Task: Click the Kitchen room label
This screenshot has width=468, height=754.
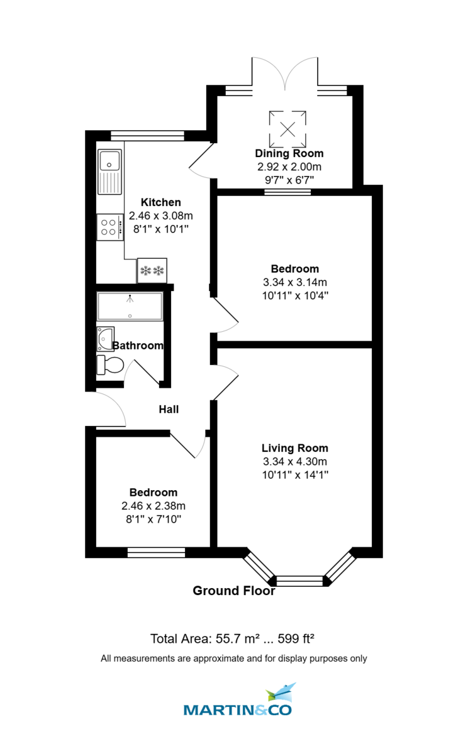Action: point(160,202)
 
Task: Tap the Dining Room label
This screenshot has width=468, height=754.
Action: point(289,153)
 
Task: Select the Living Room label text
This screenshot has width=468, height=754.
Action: point(295,448)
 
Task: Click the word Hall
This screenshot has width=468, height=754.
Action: point(169,409)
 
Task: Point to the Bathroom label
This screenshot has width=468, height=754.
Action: point(138,345)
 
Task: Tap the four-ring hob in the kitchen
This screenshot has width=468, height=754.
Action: point(109,227)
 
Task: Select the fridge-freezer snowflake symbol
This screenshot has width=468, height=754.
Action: point(152,271)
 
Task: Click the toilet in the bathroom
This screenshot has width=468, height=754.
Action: point(109,364)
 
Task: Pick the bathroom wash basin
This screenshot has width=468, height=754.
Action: point(104,339)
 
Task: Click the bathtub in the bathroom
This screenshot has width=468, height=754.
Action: point(130,307)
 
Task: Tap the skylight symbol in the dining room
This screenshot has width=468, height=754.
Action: point(288,128)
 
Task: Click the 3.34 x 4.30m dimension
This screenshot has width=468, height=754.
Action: point(295,462)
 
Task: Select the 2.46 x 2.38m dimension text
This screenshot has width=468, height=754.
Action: point(153,506)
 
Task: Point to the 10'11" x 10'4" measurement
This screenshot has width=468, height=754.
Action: point(295,295)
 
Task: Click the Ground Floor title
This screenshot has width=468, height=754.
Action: point(233,591)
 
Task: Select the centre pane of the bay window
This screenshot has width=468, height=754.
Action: point(300,580)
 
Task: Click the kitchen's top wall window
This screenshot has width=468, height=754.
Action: point(148,135)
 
